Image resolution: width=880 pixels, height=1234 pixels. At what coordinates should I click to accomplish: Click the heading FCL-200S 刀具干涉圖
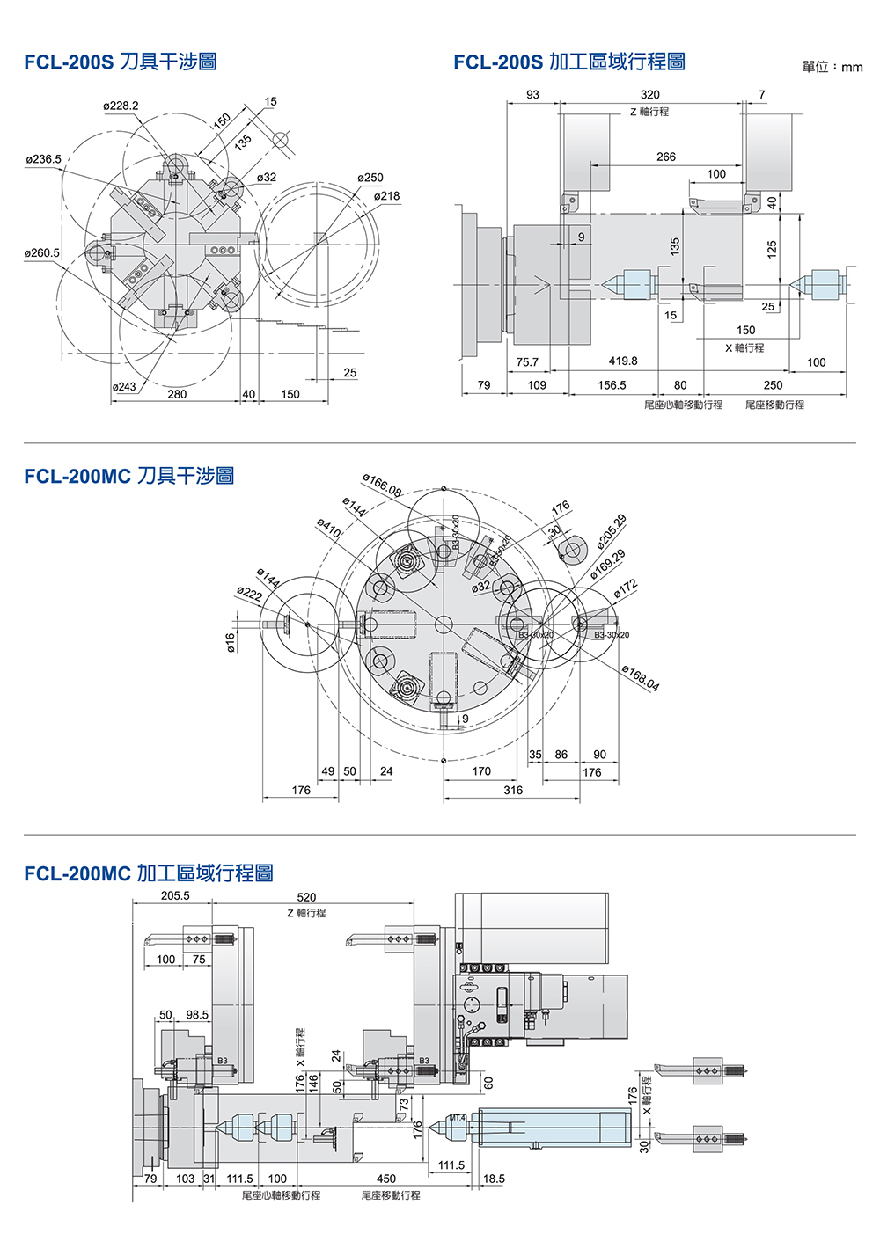tap(121, 62)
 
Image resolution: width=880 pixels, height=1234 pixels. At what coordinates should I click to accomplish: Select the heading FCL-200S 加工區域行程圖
tap(569, 62)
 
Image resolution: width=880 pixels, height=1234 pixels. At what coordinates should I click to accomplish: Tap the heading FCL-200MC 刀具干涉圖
tap(129, 476)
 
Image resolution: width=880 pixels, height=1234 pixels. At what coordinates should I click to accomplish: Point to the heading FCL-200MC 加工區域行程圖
tap(149, 873)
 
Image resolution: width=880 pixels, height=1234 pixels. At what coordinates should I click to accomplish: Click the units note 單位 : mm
tap(832, 67)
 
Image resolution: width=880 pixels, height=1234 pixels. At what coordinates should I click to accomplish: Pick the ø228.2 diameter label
tap(121, 106)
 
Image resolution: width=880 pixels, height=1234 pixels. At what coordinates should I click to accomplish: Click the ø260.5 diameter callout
tap(42, 253)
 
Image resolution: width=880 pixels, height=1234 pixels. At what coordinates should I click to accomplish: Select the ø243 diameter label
tap(124, 387)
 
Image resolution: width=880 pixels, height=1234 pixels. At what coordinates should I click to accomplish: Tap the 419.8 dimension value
tap(623, 361)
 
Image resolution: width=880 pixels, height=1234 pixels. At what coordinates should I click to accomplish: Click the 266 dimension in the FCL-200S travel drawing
tap(666, 157)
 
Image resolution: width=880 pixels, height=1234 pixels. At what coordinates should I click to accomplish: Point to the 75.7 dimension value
tap(527, 362)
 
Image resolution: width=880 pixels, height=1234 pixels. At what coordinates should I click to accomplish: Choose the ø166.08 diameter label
tap(382, 486)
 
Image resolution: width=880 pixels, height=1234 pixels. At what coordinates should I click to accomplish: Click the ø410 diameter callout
tap(328, 528)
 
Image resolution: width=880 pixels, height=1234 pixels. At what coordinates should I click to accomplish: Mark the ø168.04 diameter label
tap(641, 678)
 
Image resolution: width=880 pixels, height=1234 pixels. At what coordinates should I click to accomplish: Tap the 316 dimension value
tap(513, 790)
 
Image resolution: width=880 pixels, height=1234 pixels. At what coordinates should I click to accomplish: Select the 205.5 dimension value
tap(175, 896)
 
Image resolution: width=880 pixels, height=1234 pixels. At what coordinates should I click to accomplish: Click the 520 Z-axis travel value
tap(306, 897)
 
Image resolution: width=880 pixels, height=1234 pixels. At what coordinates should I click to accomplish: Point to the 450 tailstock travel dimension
tap(386, 1179)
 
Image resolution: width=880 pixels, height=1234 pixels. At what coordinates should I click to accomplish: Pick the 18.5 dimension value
tap(494, 1179)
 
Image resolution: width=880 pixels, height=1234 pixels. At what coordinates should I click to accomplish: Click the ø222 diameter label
tap(250, 595)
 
